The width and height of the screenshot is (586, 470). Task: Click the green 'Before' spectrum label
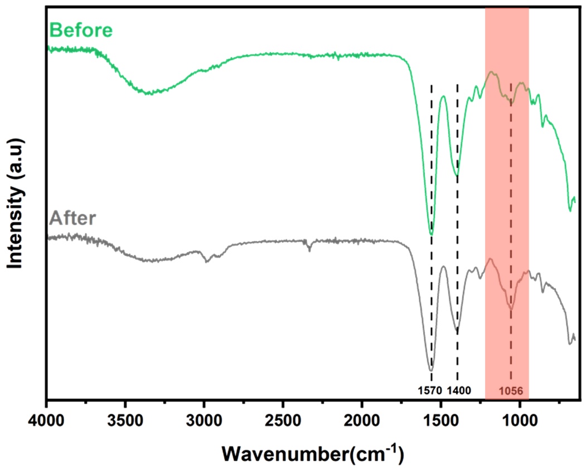[x=81, y=30]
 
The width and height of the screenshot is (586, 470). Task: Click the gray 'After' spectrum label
[x=73, y=217]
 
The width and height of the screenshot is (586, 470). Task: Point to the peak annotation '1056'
[x=511, y=391]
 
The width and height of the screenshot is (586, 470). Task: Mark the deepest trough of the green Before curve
[x=431, y=234]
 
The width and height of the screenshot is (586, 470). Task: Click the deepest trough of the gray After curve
[x=430, y=370]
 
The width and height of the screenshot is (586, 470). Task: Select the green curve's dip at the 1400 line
[x=457, y=175]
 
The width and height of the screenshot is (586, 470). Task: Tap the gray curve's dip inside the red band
[x=511, y=309]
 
